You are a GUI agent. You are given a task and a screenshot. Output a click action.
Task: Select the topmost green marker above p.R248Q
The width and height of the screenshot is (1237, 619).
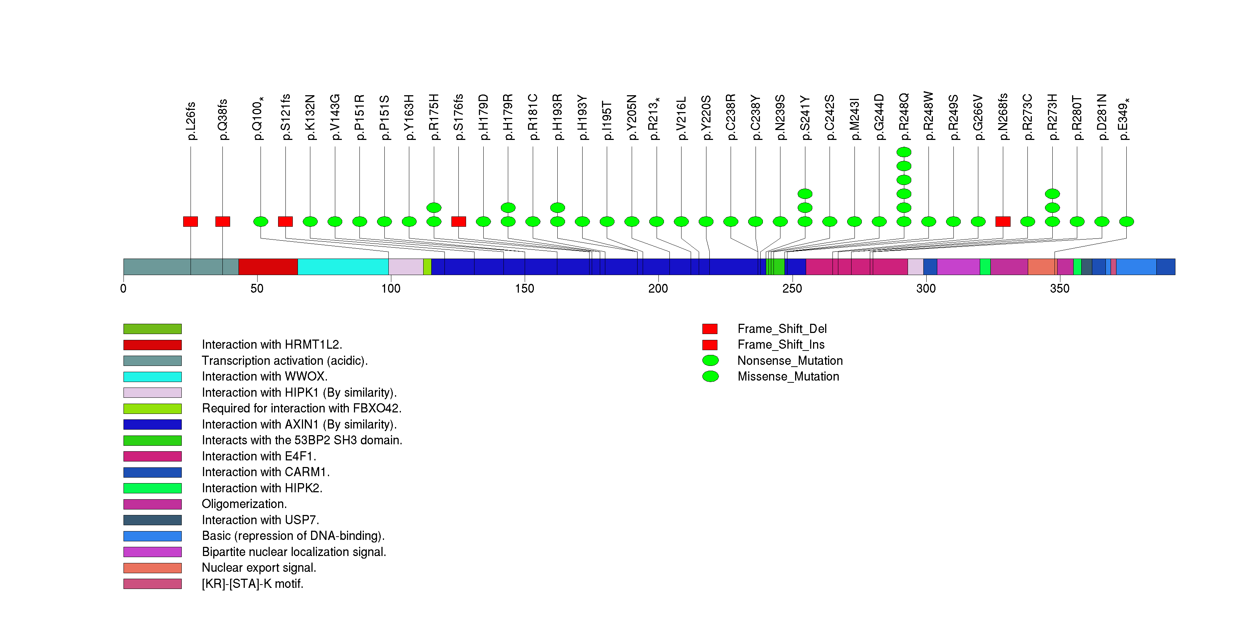[904, 152]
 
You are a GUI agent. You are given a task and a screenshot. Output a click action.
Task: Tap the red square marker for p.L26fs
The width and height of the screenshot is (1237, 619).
[191, 221]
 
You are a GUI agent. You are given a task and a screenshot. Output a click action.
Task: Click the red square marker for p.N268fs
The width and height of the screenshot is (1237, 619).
[1002, 221]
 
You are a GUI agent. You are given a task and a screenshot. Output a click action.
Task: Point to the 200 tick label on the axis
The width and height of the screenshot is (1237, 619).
[658, 288]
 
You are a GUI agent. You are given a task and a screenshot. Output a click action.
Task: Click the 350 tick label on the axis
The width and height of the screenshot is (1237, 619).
[1059, 288]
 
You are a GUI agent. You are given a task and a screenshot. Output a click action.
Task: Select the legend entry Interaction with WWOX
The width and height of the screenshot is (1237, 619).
[264, 377]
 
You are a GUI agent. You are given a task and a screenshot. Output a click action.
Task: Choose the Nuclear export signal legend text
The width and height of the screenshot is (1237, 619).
[259, 568]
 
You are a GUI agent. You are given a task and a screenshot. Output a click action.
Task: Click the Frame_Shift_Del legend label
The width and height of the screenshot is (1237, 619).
[782, 329]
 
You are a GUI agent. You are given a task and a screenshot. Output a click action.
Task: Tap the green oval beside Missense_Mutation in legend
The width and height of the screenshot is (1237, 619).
[710, 377]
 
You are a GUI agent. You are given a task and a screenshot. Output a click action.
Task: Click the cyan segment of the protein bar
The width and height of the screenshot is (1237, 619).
[343, 267]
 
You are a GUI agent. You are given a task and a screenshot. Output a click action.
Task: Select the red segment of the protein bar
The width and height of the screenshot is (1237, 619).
[268, 267]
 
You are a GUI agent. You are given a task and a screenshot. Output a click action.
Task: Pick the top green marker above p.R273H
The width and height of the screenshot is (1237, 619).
[1052, 194]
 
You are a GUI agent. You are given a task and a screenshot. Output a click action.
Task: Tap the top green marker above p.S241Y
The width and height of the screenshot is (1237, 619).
[805, 194]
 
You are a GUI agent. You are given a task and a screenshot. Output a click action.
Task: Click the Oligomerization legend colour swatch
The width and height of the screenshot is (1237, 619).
[152, 504]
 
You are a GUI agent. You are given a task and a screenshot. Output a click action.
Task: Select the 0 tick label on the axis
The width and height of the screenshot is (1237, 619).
[123, 288]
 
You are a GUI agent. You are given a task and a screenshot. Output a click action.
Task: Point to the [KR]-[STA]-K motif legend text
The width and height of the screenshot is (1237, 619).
[252, 584]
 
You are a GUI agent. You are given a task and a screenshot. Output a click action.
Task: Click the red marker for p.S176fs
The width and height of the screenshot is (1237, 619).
[459, 221]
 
